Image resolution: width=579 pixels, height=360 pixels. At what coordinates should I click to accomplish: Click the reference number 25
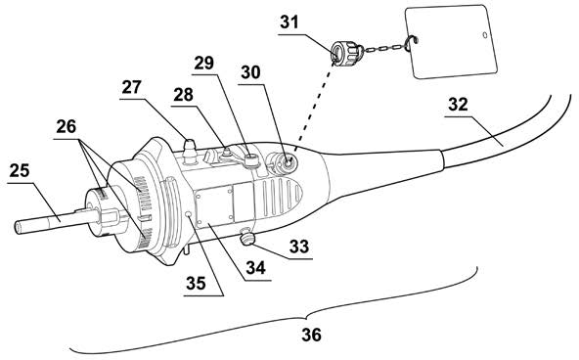(x=20, y=170)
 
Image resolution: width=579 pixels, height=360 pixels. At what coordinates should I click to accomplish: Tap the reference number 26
(x=67, y=126)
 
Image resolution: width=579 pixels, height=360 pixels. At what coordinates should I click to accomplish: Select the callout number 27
(x=131, y=87)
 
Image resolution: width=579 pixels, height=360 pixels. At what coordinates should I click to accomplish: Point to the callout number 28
(x=184, y=95)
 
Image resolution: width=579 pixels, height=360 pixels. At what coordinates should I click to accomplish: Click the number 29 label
(x=204, y=63)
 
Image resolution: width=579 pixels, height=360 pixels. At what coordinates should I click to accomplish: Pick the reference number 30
(x=250, y=72)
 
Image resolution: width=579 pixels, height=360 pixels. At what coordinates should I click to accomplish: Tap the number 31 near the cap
(x=289, y=22)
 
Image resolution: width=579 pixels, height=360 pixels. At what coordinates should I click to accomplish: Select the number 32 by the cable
(x=459, y=105)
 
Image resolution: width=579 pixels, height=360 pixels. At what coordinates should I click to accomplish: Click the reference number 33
(x=299, y=247)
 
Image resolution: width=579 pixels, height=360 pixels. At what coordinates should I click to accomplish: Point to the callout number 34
(x=256, y=268)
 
